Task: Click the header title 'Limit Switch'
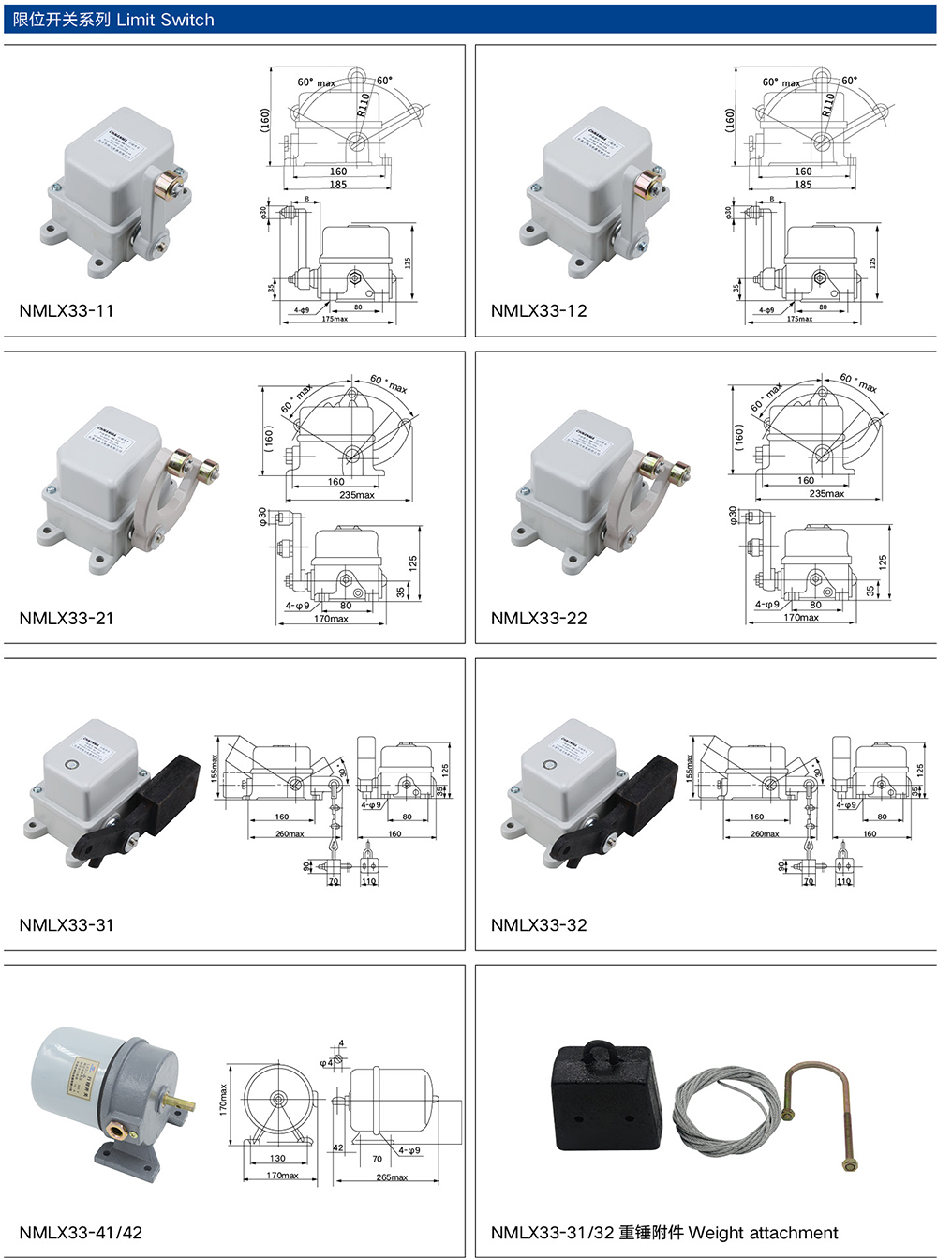(165, 20)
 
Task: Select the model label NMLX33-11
(67, 311)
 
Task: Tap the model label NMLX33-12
(539, 311)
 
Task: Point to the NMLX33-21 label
(67, 619)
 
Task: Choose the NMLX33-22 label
(539, 619)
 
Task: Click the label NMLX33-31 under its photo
(67, 925)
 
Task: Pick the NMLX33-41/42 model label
(81, 1233)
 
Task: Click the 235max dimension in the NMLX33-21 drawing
(357, 495)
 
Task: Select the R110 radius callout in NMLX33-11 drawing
(364, 104)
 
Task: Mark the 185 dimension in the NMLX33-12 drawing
(803, 185)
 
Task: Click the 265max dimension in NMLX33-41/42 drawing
(392, 1177)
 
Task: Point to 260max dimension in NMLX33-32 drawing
(765, 833)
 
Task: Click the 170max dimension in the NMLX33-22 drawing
(801, 618)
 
